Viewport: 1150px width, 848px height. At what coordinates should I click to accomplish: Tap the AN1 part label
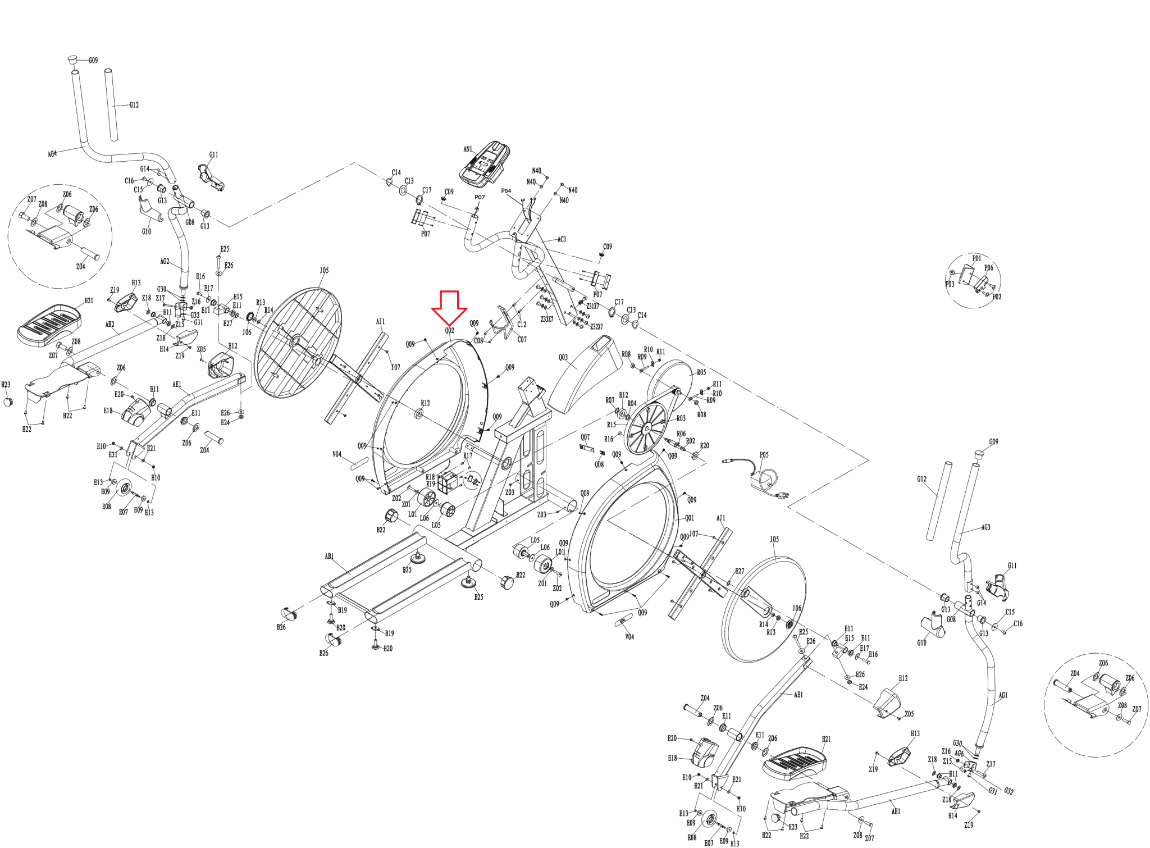[x=468, y=149]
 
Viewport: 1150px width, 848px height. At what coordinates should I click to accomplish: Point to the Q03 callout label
[x=563, y=357]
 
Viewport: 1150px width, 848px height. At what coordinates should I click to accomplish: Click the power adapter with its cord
[x=764, y=480]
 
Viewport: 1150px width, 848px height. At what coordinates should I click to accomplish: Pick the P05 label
[x=764, y=455]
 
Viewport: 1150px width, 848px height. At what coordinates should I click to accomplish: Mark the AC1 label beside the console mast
[x=562, y=239]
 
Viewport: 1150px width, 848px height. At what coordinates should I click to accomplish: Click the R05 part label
[x=701, y=372]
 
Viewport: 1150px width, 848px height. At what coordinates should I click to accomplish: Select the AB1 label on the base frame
[x=329, y=557]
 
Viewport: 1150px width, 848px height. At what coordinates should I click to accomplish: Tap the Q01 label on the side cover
[x=690, y=518]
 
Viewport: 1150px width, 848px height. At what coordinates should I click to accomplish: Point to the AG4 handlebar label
[x=52, y=154]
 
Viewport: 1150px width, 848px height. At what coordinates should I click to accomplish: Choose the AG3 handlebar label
[x=985, y=527]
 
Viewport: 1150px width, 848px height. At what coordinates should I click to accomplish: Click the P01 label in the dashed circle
[x=976, y=258]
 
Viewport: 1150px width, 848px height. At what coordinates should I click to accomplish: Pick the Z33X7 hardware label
[x=547, y=320]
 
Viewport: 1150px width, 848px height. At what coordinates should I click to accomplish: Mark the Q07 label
[x=585, y=437]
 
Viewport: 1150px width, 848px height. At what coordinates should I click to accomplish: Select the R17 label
[x=468, y=456]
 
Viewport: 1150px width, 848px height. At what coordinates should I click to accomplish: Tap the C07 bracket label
[x=522, y=339]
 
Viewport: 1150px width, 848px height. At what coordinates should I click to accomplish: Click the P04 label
[x=506, y=191]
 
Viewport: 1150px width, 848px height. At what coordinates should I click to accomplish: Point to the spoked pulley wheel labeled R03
[x=646, y=430]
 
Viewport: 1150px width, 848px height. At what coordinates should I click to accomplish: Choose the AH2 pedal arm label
[x=110, y=325]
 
